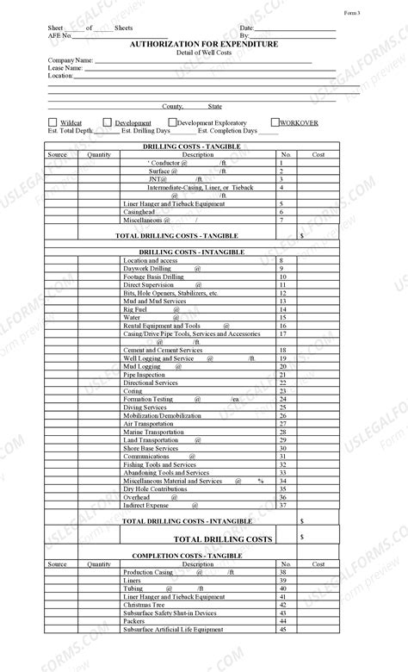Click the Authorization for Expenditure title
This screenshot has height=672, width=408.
tap(204, 43)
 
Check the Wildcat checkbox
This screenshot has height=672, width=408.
tap(53, 122)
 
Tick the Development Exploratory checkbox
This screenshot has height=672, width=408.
tap(172, 122)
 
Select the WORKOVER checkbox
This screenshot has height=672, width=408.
tap(275, 122)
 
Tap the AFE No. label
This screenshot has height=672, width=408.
tap(59, 35)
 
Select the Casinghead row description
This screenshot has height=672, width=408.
tap(139, 211)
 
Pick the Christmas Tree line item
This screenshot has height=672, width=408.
tap(144, 605)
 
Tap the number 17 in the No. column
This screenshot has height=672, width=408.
tap(281, 334)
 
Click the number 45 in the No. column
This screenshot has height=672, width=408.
tap(281, 629)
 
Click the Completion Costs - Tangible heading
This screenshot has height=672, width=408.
tap(187, 556)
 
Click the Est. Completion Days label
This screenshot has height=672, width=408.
tap(227, 131)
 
